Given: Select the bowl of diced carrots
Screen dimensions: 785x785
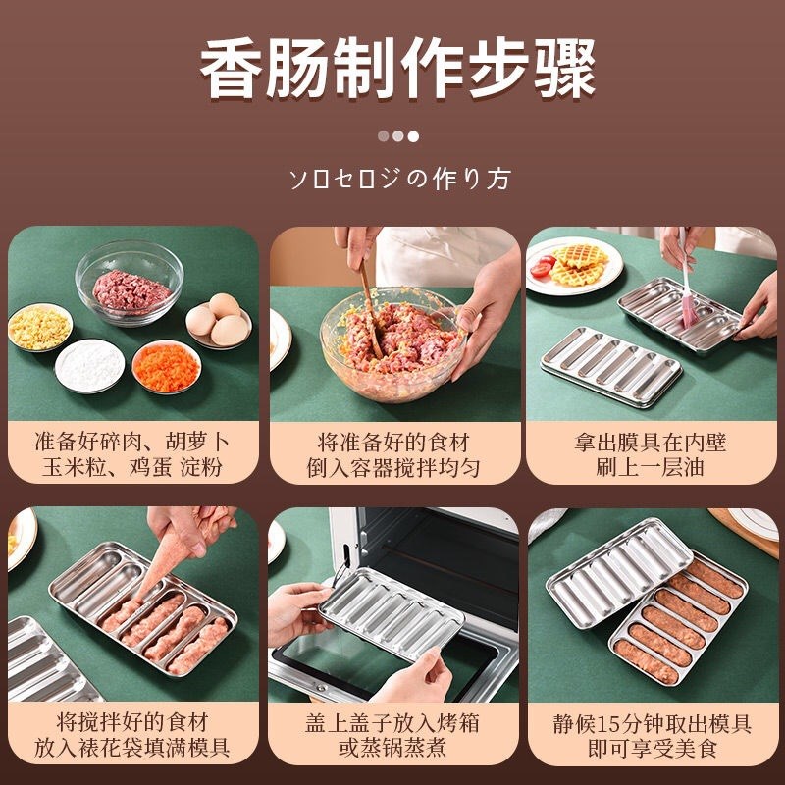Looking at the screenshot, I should pos(165,365).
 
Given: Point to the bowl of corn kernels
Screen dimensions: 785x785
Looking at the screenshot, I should pos(39,327).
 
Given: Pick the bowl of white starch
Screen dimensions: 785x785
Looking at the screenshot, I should pos(89,366).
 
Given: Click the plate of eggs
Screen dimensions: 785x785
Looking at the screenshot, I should pos(218,321).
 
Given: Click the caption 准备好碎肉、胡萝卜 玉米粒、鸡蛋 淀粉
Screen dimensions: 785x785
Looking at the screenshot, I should pos(132,453).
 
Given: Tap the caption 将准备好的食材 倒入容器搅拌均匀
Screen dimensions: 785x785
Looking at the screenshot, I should pos(393,453).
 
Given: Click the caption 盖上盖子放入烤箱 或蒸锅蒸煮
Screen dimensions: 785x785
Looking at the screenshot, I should pos(393,735).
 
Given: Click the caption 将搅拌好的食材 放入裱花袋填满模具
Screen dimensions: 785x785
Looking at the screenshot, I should pos(132,735).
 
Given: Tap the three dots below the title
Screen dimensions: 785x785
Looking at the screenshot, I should pos(397,136).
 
